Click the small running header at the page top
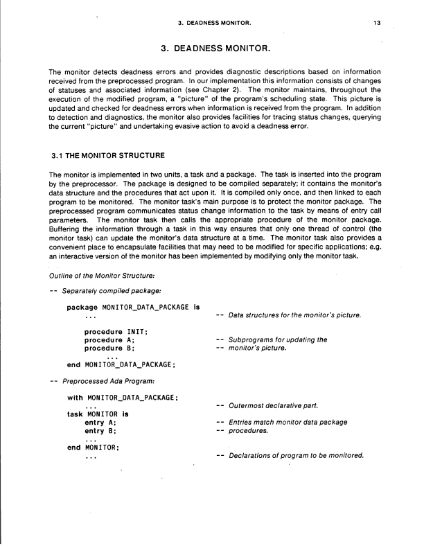click(x=213, y=23)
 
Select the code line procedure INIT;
click(x=109, y=332)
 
